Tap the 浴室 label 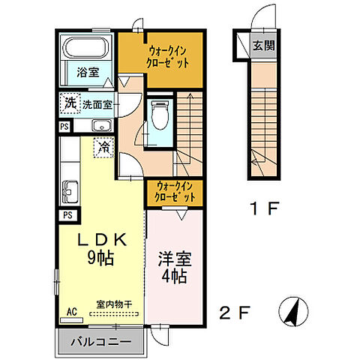[88, 72]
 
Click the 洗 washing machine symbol [69, 103]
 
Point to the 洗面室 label [97, 104]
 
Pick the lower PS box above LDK [67, 215]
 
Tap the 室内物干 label [113, 304]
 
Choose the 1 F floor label [263, 208]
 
